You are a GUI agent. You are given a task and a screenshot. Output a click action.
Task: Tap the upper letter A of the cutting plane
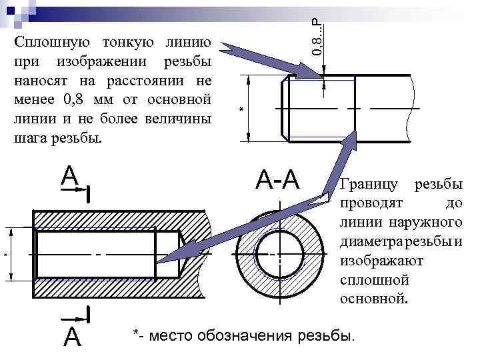69,175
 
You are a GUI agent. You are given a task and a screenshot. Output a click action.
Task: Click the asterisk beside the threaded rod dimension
241,108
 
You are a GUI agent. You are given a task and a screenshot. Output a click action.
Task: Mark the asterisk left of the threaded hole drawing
5,255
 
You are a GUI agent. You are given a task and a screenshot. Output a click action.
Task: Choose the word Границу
370,183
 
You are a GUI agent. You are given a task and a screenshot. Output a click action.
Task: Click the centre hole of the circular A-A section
271,254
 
